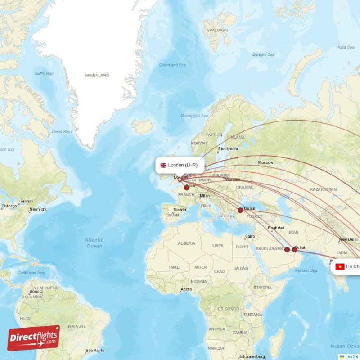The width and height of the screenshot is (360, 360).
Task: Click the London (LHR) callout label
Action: click(x=180, y=165)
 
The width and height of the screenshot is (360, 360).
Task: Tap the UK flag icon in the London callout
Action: click(x=163, y=165)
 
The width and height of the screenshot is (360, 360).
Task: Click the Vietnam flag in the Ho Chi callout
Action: click(x=340, y=266)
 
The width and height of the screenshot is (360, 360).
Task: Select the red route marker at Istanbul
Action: click(x=240, y=210)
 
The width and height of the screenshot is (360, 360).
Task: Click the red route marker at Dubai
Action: click(x=295, y=249)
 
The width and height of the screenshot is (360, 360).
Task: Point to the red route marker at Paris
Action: click(x=186, y=188)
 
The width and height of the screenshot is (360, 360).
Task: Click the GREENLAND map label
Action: click(x=97, y=76)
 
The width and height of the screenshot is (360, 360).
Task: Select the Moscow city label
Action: click(x=265, y=162)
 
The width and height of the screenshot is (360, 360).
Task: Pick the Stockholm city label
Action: click(x=228, y=149)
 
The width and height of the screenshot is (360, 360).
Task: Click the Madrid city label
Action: click(x=180, y=210)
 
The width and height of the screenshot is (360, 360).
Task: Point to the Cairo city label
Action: click(x=250, y=237)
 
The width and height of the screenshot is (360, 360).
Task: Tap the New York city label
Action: click(x=38, y=209)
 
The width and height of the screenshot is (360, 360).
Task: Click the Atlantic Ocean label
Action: click(x=94, y=243)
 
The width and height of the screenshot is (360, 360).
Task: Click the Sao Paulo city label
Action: click(x=95, y=350)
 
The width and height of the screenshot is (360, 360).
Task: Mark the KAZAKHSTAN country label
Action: click(x=324, y=189)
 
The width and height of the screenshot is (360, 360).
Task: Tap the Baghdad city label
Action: click(x=276, y=228)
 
